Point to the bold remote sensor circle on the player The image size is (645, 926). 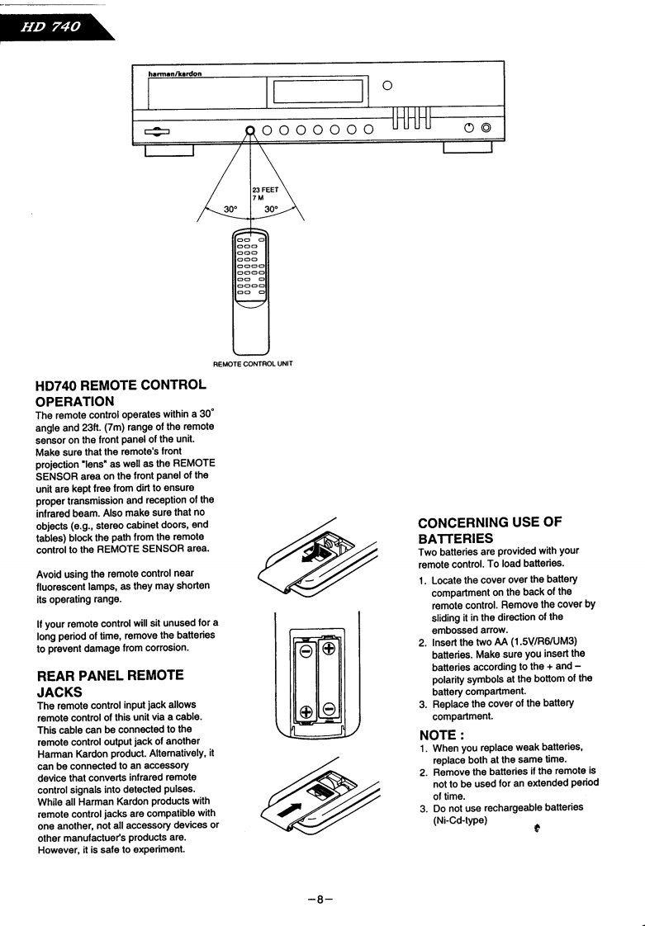[x=250, y=129]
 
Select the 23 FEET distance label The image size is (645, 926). [x=265, y=189]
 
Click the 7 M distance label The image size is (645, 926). [x=259, y=198]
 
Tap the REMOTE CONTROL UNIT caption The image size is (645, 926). [x=253, y=363]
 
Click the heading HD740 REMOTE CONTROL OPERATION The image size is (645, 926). [x=120, y=393]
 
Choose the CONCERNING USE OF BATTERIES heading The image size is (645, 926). [x=490, y=530]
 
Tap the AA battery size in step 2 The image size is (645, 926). [x=492, y=641]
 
